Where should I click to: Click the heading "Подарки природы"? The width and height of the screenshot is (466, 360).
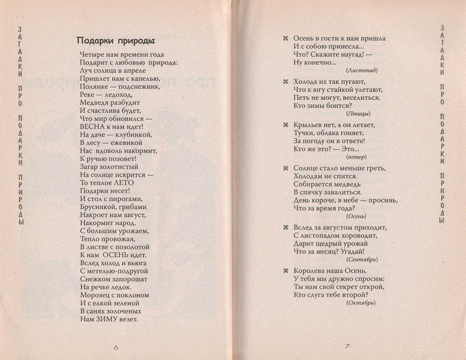116,41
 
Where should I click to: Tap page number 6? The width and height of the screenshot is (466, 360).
116,346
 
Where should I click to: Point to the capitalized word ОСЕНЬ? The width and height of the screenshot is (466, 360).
115,255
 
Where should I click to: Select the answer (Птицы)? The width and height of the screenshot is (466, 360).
358,114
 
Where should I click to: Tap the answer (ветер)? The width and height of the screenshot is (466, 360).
356,157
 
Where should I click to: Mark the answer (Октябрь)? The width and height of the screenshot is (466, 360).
361,303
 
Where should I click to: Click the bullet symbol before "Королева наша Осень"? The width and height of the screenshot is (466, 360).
285,271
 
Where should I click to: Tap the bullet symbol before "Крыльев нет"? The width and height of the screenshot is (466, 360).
285,125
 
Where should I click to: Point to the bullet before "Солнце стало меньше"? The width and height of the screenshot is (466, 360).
285,168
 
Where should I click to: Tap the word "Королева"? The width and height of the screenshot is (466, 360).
309,271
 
